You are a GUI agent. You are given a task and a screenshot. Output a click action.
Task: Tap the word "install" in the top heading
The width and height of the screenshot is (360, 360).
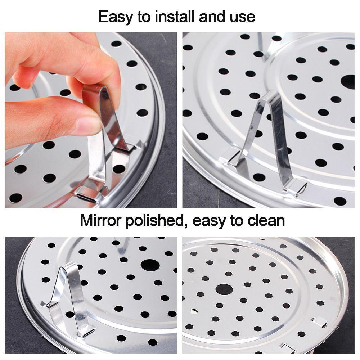[170, 17]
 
